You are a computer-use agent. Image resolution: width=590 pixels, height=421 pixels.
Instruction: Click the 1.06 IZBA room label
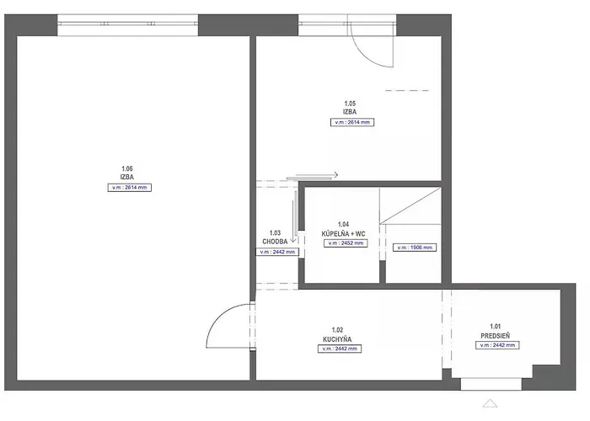coord(128,173)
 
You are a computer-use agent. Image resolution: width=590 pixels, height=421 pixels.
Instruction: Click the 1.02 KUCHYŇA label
coord(337,335)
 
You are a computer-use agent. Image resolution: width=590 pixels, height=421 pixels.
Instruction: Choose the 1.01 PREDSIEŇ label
coord(496,331)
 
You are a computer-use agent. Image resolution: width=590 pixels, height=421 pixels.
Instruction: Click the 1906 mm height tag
coord(414,248)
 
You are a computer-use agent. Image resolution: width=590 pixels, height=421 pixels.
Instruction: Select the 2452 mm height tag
coord(346,243)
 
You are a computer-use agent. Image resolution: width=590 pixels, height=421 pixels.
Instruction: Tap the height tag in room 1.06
coord(130,187)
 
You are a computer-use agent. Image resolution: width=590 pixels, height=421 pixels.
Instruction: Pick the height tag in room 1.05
coord(351,122)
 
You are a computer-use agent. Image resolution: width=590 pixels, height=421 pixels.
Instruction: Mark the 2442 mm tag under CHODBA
coord(277,252)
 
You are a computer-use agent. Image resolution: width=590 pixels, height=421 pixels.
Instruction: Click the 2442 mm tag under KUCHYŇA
coord(339,349)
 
